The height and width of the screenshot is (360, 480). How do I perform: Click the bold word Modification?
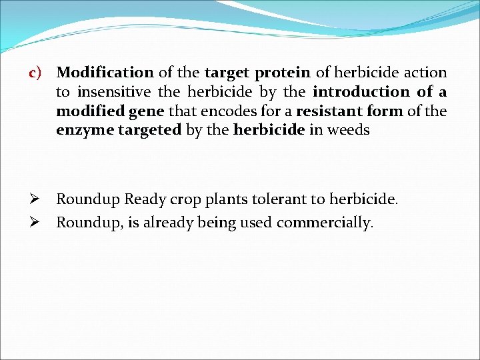[x=105, y=72]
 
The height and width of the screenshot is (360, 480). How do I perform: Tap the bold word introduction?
[x=361, y=91]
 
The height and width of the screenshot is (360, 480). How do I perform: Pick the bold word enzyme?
[x=85, y=130]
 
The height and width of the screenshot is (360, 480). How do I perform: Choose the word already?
[x=169, y=223]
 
